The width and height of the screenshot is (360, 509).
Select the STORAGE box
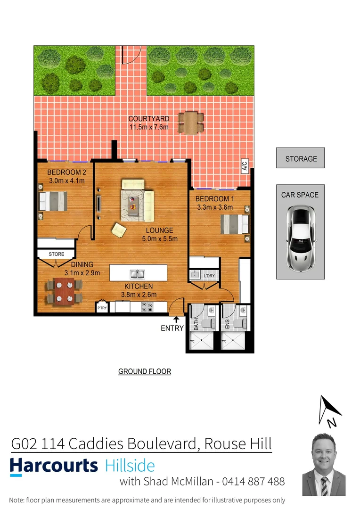(301, 159)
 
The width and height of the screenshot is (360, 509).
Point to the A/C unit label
(245, 166)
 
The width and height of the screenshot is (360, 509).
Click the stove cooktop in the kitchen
(147, 307)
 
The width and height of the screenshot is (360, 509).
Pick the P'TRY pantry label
(102, 308)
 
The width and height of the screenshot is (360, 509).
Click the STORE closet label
(56, 254)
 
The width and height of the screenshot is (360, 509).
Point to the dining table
(63, 291)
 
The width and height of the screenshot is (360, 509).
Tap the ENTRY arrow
(176, 320)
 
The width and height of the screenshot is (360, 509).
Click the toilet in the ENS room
(240, 323)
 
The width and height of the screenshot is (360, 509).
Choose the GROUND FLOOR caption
(144, 372)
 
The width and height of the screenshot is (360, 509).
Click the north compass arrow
(329, 410)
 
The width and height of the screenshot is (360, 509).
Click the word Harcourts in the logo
(54, 466)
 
